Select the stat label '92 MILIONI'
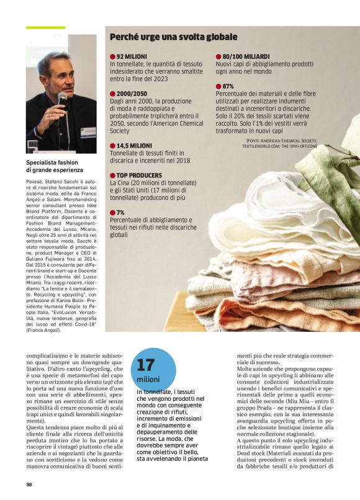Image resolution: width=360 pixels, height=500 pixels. pos(131,56)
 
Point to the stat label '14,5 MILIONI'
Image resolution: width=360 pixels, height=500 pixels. pos(135,146)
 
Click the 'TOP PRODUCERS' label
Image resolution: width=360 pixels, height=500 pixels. pos(139,176)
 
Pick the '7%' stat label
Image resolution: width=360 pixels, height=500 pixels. pos(120,212)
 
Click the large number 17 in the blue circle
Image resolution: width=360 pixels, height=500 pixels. pos(145,365)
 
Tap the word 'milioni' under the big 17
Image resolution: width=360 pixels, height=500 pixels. pos(148,380)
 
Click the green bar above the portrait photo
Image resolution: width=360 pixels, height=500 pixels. pos(45,27)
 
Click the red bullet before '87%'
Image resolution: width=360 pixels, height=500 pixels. pos(218,86)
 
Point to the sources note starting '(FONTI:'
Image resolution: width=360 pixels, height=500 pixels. pos(279,143)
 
